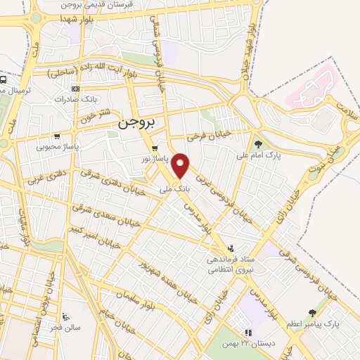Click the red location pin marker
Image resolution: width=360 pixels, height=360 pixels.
pos(181,165)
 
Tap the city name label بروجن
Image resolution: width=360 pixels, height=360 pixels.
pos(136,122)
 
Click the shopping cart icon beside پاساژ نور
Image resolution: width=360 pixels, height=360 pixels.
pos(155,148)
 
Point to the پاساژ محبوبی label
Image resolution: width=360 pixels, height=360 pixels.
pos(58,147)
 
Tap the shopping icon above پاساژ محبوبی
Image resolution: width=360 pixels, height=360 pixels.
pos(57,137)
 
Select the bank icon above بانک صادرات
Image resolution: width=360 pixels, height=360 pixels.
pos(75,89)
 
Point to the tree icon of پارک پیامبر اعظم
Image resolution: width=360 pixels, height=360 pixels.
pos(311,313)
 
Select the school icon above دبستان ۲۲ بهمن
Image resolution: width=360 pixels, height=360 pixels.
pos(247,333)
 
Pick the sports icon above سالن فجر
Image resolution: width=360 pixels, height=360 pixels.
pos(65,316)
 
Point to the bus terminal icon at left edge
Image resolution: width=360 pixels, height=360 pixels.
pos(4,80)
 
